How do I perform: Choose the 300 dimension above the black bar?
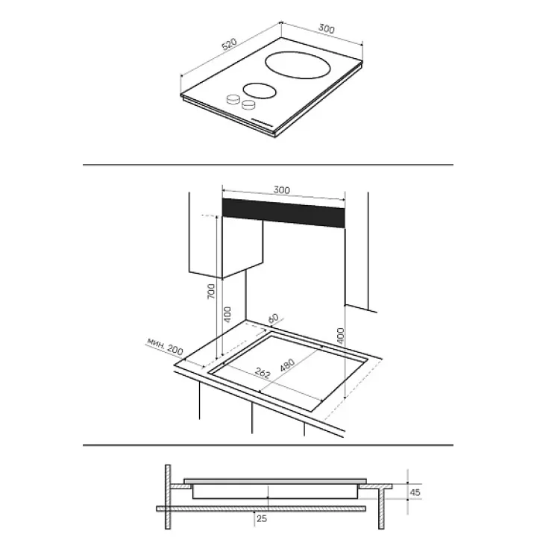coord(281,190)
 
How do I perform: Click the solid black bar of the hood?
coord(283,213)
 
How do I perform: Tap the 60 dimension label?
coord(273,318)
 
